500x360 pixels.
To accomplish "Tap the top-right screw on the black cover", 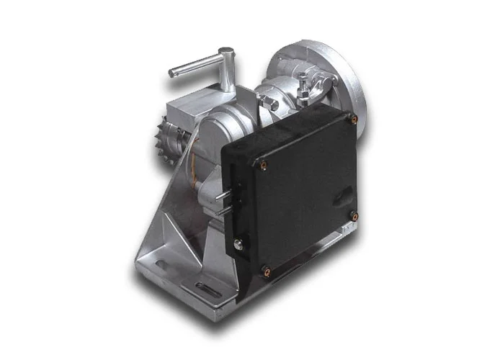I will click(x=352, y=120).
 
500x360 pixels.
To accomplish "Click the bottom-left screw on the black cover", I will click(x=265, y=271).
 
